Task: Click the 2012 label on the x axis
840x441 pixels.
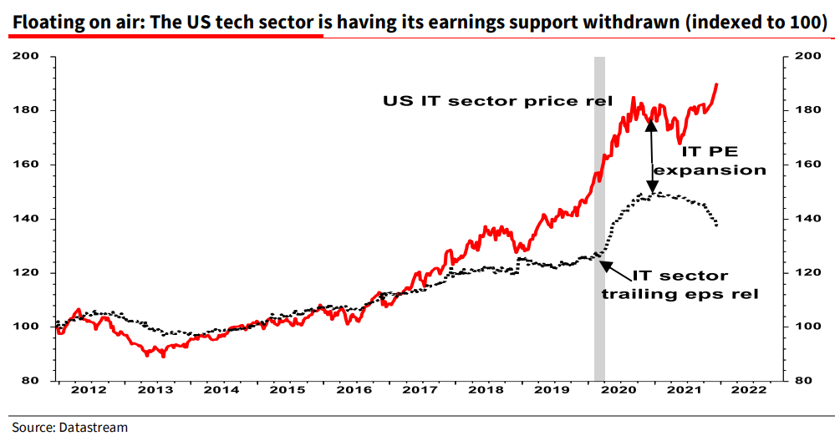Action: coord(89,390)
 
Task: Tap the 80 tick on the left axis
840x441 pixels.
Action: coord(37,381)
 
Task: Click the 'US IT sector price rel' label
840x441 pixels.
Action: coord(498,101)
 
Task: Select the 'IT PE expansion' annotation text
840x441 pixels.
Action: coord(710,160)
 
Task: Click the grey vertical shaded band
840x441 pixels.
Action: coord(599,217)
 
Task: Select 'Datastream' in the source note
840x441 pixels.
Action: coord(93,427)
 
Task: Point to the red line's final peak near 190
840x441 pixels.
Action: coord(717,84)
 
